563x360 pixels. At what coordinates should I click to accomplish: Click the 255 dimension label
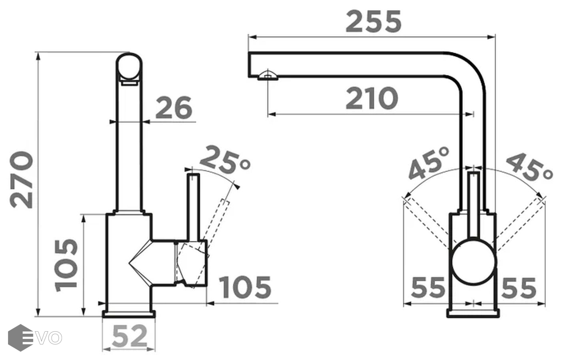coord(373,21)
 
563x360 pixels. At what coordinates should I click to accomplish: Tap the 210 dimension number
coord(372,98)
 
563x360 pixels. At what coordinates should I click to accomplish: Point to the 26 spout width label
coord(174,108)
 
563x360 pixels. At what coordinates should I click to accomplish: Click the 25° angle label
coord(225,160)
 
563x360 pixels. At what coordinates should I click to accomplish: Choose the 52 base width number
coord(130,336)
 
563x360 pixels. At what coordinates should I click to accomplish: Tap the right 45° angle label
coord(529,167)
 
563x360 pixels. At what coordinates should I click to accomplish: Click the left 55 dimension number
coord(428,288)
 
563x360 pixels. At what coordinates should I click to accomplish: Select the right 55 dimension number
coord(519,288)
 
